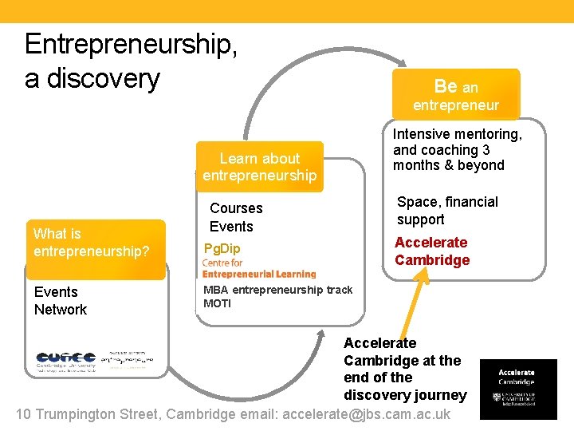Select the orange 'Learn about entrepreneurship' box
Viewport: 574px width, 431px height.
tap(260, 167)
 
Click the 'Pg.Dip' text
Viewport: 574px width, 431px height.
tap(222, 248)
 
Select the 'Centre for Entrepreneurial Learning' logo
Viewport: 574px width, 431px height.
tap(258, 268)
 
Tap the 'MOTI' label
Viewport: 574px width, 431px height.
tap(217, 303)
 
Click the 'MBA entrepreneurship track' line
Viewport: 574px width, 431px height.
tap(277, 290)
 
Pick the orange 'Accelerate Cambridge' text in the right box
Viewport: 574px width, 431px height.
tap(431, 251)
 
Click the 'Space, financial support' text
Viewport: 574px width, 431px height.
tap(447, 211)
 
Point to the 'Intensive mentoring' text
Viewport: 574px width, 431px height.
tap(458, 135)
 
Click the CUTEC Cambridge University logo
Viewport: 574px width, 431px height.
tap(65, 360)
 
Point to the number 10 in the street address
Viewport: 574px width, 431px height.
tap(23, 414)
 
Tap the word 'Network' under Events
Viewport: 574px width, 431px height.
tap(61, 310)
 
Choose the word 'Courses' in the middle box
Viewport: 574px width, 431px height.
tap(236, 208)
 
